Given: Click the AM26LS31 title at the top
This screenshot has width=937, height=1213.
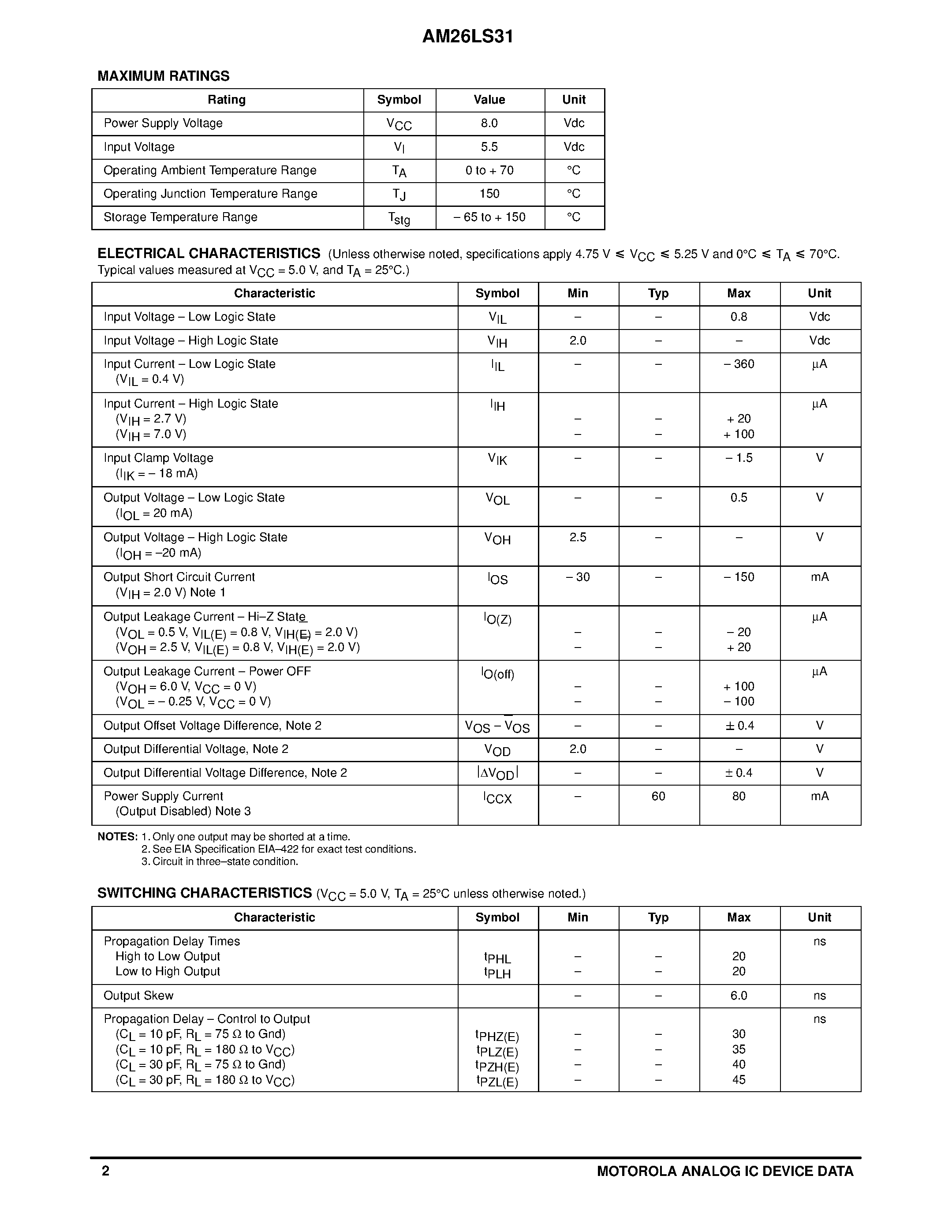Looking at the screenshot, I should coord(467,37).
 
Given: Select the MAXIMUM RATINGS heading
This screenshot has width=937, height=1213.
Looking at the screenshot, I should coord(163,76).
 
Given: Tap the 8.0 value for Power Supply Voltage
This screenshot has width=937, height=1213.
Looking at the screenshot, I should coord(489,124).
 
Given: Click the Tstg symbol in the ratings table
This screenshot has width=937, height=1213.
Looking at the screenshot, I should coord(399,218).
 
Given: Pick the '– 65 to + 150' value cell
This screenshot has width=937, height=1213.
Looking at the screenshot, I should coord(489,217).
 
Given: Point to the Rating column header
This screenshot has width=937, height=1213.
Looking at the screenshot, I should coord(227,100).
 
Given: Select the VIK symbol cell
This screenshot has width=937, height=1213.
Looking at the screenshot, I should coord(497,459).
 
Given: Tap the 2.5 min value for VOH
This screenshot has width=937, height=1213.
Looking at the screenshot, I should coord(577,538).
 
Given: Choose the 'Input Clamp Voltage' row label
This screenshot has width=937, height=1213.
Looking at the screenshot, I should coord(159,458).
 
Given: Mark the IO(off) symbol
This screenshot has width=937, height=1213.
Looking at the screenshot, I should coord(497,674).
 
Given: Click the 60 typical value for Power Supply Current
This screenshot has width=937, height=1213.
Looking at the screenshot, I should coord(658,797).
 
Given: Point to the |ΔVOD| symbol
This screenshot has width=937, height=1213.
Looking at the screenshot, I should coord(497,773).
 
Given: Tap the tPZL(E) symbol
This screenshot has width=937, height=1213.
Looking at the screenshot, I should coord(497,1081).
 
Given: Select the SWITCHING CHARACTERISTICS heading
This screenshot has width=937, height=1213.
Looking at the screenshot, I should coord(204,893).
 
